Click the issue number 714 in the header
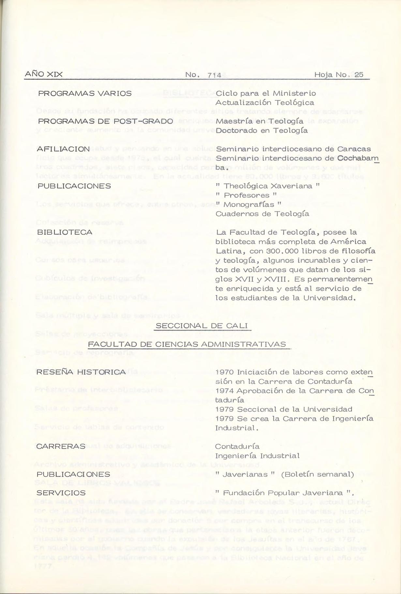tap(214, 75)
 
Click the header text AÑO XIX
tap(44, 75)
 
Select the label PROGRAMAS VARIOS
tap(85, 93)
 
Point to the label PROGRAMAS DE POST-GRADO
tap(105, 121)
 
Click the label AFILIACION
tap(63, 149)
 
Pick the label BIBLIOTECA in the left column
tap(65, 232)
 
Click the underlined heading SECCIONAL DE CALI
tap(202, 326)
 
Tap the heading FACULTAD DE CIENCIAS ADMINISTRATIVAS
tap(187, 344)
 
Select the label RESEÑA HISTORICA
tap(81, 372)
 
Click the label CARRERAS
tap(61, 446)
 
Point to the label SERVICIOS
tap(61, 493)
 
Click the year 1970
tap(225, 372)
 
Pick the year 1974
tap(225, 390)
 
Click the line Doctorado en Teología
tap(261, 131)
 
